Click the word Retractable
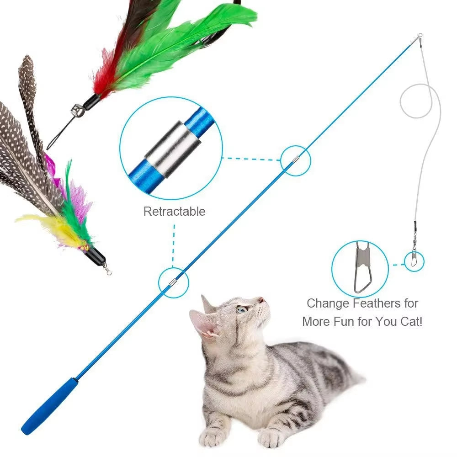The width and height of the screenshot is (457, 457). pyautogui.click(x=174, y=212)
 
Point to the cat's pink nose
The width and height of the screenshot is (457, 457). pyautogui.click(x=261, y=300)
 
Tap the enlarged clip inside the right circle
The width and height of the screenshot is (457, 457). pyautogui.click(x=363, y=270)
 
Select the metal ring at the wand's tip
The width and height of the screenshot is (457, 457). pyautogui.click(x=419, y=36)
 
